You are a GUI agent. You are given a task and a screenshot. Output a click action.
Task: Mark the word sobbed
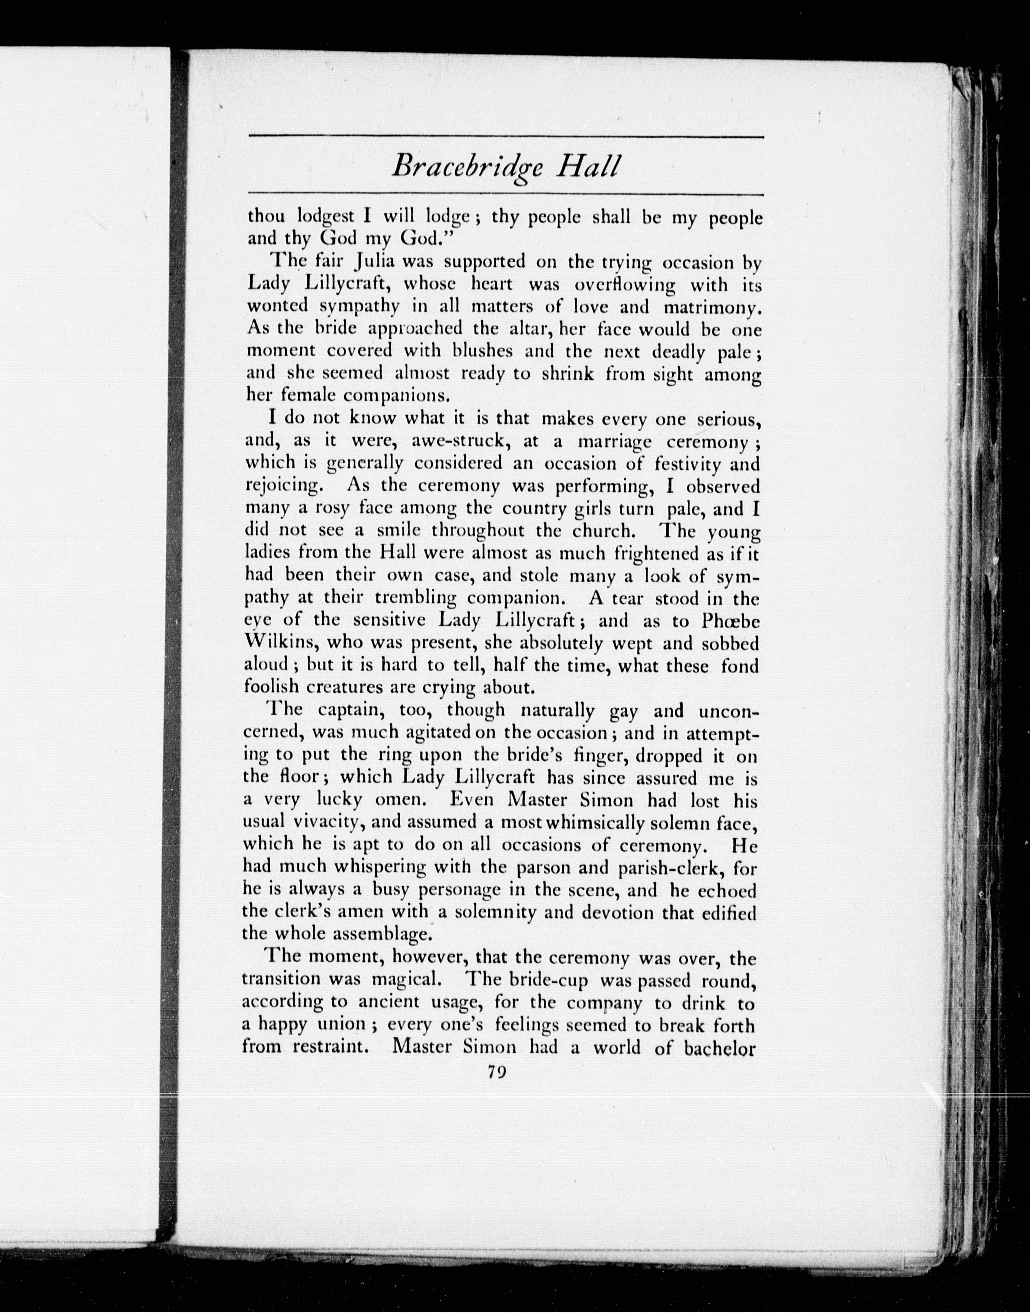click(x=730, y=643)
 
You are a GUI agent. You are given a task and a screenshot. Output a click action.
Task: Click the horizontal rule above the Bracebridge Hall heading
click(x=506, y=138)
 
